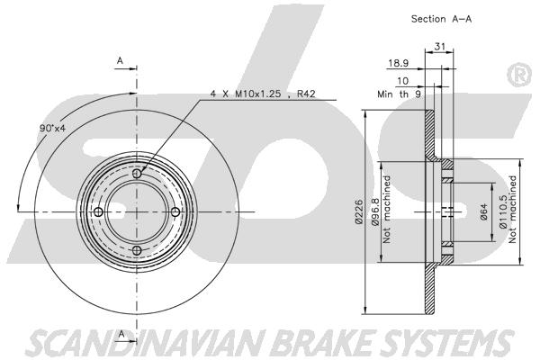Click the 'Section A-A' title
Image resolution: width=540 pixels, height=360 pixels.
tap(441, 19)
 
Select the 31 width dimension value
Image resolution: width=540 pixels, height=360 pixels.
tap(440, 46)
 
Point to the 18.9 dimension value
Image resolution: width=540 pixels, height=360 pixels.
tap(399, 63)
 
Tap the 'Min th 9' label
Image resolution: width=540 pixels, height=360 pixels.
tap(399, 94)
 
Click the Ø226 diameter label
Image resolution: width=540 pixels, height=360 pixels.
tap(358, 211)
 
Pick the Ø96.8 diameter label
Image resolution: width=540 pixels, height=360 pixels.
tap(374, 211)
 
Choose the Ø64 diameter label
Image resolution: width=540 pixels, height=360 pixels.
tap(483, 212)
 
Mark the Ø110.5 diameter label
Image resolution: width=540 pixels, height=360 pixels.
tap(502, 211)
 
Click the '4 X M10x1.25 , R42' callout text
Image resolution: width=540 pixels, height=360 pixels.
tap(263, 94)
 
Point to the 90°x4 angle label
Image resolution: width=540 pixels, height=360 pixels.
tap(52, 128)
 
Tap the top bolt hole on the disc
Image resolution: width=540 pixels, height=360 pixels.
tap(137, 174)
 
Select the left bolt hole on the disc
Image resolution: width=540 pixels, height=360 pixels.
tap(98, 211)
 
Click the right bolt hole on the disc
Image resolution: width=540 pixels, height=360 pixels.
tap(175, 211)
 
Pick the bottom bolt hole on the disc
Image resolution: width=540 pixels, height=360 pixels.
tap(137, 250)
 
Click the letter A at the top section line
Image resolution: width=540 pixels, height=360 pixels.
tap(120, 60)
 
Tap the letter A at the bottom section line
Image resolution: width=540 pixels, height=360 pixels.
tap(121, 334)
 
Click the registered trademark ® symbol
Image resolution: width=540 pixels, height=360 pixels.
tap(519, 75)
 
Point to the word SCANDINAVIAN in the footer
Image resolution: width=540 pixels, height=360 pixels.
tap(146, 342)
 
